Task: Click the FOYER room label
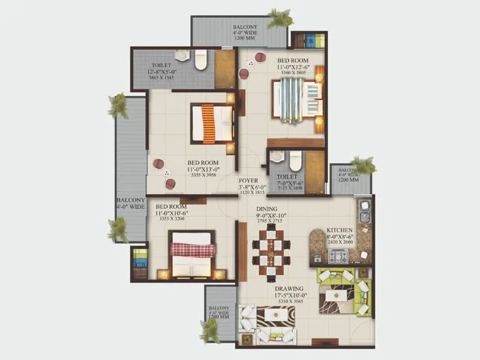(x=248, y=180)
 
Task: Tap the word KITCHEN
(x=340, y=230)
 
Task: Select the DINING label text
(x=267, y=209)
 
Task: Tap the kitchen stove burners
(x=337, y=257)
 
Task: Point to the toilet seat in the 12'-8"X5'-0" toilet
(x=201, y=59)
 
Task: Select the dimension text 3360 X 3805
(x=293, y=73)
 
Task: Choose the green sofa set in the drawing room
(x=343, y=292)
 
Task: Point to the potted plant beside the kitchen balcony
(x=362, y=165)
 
